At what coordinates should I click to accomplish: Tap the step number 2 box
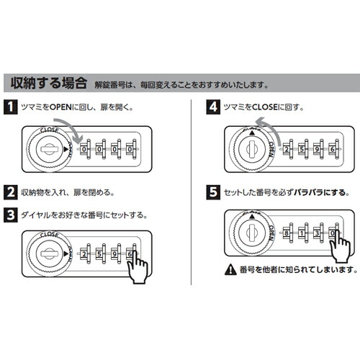tap(12, 192)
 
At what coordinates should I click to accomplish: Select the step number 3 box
tap(12, 215)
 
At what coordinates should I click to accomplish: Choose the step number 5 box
tap(212, 192)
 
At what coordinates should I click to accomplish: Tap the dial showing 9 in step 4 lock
tap(316, 149)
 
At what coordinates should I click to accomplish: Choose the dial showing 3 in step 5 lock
tap(316, 233)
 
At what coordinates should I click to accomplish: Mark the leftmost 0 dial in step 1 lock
tap(84, 150)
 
